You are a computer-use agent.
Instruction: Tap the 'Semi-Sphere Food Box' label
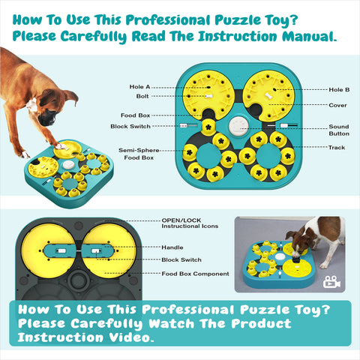137,154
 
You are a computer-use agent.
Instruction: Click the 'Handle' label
173,247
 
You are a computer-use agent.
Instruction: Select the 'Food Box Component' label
195,274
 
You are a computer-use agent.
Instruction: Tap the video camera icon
332,283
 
